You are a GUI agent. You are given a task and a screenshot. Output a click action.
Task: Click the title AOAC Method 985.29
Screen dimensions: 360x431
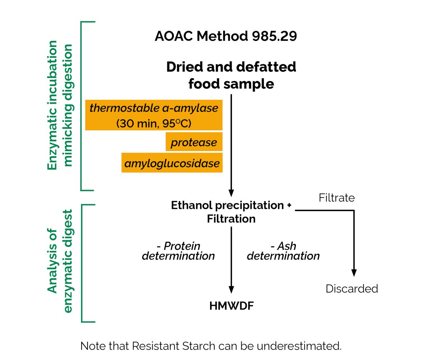click(226, 36)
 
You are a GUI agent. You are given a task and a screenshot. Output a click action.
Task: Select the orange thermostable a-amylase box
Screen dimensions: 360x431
click(154, 115)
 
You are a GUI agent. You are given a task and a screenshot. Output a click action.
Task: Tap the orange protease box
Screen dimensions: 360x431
click(194, 142)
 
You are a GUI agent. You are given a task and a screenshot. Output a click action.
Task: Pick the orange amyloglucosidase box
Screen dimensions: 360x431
click(172, 163)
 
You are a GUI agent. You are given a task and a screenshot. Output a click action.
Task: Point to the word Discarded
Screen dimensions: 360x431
click(352, 289)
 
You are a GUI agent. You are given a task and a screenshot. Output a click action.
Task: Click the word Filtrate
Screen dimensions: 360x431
click(337, 198)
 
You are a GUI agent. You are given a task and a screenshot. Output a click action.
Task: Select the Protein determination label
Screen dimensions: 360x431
click(179, 251)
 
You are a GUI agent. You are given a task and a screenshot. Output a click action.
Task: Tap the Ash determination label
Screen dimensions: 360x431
click(283, 251)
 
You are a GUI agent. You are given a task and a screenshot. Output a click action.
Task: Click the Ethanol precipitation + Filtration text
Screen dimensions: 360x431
click(231, 212)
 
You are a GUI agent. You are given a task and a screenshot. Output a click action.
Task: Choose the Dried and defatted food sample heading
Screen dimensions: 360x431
click(231, 75)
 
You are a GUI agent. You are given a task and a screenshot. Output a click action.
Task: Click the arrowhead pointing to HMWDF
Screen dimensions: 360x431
click(231, 290)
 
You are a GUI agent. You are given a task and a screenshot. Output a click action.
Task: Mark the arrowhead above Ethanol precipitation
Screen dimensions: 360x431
click(231, 193)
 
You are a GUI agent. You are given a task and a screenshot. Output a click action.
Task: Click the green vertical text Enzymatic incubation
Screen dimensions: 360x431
click(52, 105)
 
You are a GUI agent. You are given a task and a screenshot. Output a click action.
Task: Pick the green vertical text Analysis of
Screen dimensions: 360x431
click(52, 261)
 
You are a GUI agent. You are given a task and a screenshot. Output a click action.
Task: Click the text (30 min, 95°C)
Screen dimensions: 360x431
click(154, 123)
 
